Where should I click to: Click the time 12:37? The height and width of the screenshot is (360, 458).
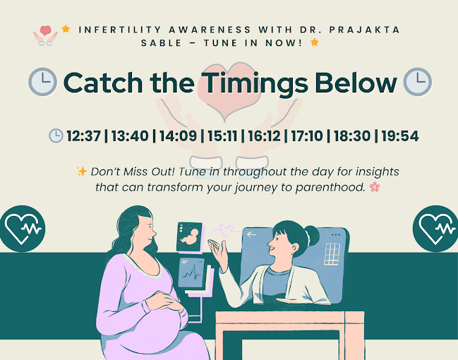tap(83, 136)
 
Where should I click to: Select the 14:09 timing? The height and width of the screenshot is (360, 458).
tap(178, 136)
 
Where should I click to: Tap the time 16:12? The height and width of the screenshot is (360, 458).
tap(264, 136)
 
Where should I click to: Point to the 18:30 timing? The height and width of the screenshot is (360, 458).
tap(352, 136)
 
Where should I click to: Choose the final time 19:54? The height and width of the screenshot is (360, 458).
tap(400, 136)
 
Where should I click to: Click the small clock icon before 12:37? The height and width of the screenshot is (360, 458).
tap(56, 136)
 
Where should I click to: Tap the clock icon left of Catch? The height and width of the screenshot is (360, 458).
tap(42, 82)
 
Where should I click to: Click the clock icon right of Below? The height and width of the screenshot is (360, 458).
tap(417, 82)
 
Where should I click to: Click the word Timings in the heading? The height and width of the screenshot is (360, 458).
tap(255, 83)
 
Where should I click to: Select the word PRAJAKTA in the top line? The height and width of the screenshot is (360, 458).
tap(364, 30)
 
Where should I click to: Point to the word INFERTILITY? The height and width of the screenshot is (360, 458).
tap(120, 30)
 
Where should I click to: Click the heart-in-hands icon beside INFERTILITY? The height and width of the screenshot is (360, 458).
tap(45, 36)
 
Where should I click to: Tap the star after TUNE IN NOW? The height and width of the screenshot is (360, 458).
tap(314, 42)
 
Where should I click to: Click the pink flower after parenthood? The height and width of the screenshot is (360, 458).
tap(375, 187)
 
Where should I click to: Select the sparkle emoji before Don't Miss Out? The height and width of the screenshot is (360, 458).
tap(82, 172)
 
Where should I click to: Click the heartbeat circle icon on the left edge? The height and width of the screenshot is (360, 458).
tap(22, 229)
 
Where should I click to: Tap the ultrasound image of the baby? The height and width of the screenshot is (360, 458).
tap(190, 237)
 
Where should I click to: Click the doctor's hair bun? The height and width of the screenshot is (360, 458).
tap(313, 236)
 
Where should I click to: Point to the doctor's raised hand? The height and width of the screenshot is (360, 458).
tap(217, 251)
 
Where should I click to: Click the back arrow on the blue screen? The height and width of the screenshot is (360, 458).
tap(251, 234)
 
